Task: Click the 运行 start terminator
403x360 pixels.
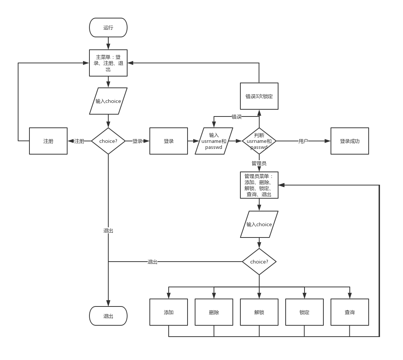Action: (x=108, y=28)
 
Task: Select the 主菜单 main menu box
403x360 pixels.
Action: (x=108, y=63)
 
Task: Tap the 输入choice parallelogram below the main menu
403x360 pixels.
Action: (x=108, y=101)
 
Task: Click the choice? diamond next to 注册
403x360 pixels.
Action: (x=108, y=141)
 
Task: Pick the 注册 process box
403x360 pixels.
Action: (x=48, y=141)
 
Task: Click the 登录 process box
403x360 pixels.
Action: (x=169, y=141)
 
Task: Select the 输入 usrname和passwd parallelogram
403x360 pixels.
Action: (x=214, y=141)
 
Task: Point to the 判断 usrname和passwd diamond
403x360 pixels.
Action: (x=259, y=141)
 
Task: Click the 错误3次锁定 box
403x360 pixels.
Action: (x=259, y=96)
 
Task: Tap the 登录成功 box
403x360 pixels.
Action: (x=350, y=141)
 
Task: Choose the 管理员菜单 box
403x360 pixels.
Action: (x=259, y=185)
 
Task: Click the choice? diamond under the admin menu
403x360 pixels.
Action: (x=259, y=262)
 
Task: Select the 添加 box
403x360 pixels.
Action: (x=169, y=312)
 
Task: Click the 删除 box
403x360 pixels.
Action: (x=214, y=312)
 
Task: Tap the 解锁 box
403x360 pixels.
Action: (x=259, y=312)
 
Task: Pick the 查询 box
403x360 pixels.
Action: (x=350, y=312)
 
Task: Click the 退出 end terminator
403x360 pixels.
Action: (x=108, y=316)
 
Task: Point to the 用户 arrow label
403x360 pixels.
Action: (x=303, y=141)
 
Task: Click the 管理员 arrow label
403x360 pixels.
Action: (x=259, y=163)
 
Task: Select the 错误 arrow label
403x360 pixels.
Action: (x=237, y=116)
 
